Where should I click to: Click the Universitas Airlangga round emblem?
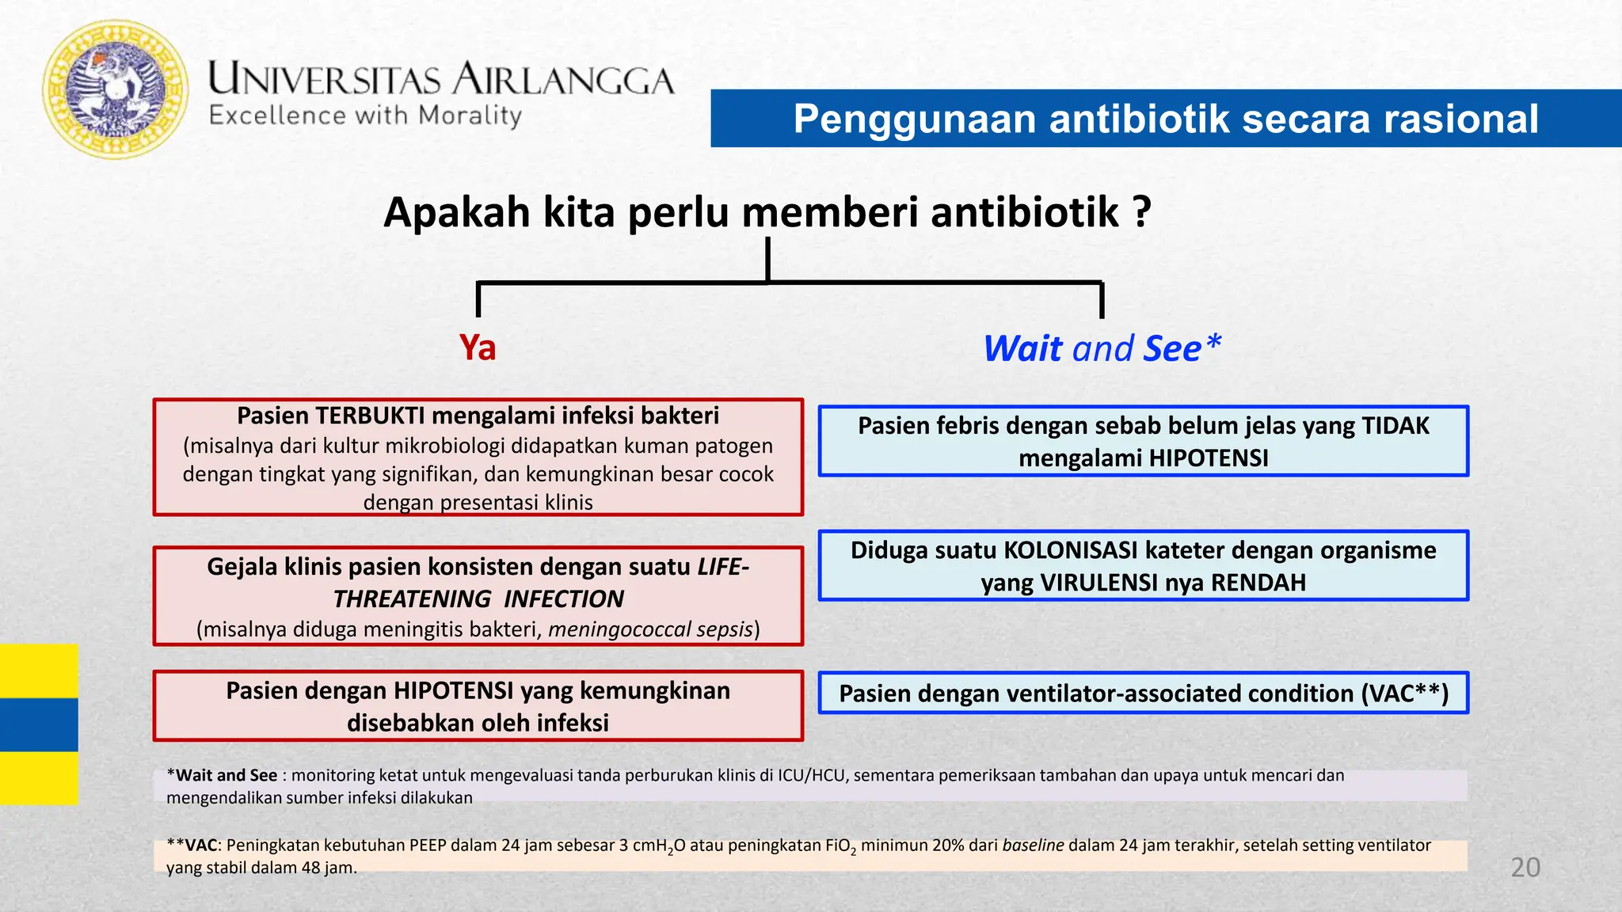click(116, 89)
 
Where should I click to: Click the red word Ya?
click(478, 348)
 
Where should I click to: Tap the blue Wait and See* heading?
click(1102, 348)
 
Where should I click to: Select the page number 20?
click(1525, 867)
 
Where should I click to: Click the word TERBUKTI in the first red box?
click(371, 416)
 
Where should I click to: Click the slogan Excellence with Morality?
click(365, 116)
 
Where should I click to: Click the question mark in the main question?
click(1141, 212)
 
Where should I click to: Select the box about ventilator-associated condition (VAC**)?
click(1143, 693)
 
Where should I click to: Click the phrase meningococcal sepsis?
click(649, 629)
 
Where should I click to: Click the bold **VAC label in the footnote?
click(192, 845)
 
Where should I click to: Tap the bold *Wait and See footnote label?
click(223, 776)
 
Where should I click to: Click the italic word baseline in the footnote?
click(1033, 845)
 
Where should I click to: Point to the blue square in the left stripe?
click(38, 724)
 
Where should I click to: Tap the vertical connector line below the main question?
click(767, 260)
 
